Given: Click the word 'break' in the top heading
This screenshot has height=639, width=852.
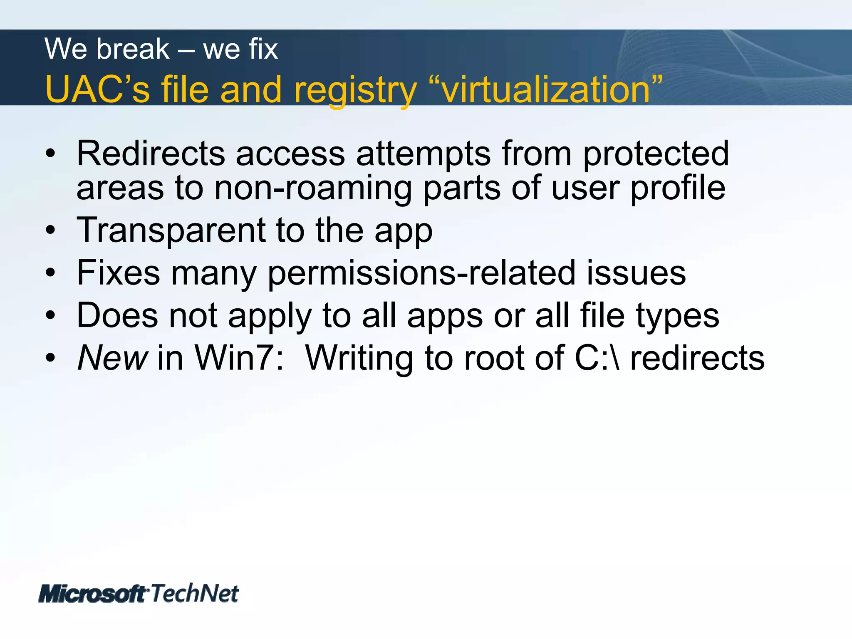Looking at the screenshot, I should pos(134,49).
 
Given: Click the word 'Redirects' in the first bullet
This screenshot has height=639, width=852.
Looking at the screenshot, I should pos(151,154).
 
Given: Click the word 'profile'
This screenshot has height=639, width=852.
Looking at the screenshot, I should pos(678,188).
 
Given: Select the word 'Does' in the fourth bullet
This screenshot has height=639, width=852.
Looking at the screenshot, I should pos(117,315).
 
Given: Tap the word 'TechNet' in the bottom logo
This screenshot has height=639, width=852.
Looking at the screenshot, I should pos(194,593).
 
